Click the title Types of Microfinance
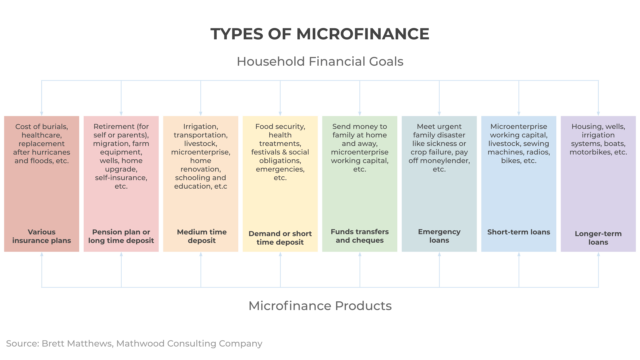coord(320,33)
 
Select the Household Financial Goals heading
coord(320,62)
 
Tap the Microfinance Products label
coord(320,304)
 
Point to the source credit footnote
coord(134,343)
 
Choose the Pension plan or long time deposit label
coord(120,236)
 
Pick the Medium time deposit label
coord(200,236)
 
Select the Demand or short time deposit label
coord(280,236)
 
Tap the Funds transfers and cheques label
coord(360,236)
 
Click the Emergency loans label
coord(440,236)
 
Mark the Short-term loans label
coord(519,231)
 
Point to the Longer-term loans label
coord(599,236)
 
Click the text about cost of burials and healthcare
coord(40,144)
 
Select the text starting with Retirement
coord(120,156)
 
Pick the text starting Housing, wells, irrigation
coord(599,144)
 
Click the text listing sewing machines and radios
coord(519,144)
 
